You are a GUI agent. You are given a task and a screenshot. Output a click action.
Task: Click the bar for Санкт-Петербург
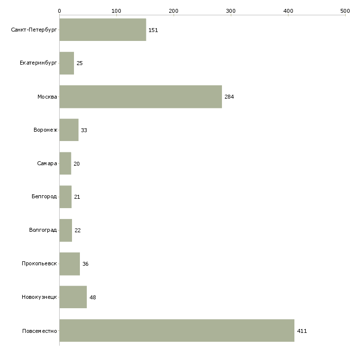coord(103,30)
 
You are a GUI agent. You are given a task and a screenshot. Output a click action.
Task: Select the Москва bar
coord(141,97)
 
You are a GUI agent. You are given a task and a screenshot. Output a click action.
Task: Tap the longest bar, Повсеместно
coord(177,330)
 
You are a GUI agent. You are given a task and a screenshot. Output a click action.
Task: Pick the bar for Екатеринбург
coord(67,63)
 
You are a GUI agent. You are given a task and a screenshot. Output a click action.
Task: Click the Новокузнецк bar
coord(73,297)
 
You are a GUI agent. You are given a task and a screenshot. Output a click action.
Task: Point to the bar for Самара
coord(65,163)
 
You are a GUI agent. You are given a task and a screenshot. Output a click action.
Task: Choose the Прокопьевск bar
coord(70,264)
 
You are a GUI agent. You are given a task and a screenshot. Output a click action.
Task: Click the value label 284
coord(229,97)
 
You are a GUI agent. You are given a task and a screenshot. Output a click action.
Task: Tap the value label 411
coord(302,331)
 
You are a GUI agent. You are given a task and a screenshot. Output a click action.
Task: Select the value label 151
coord(153,30)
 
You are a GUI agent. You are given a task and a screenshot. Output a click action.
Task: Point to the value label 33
coord(84,130)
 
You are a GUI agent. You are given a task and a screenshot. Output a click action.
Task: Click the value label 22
coord(77,230)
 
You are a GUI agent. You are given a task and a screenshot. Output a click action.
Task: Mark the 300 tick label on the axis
coord(231,11)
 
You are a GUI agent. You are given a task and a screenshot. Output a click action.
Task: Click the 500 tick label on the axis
coord(345,11)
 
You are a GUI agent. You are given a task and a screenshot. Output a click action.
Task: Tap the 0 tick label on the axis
coord(60,11)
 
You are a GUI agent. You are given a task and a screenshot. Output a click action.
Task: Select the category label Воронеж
coord(45,130)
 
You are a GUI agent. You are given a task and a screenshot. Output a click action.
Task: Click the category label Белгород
coord(44,197)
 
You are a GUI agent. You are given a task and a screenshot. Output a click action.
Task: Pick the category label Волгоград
coord(43,230)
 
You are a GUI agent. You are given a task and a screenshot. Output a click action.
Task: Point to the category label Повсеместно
coord(39,331)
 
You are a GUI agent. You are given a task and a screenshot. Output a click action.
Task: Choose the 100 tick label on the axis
coord(116,11)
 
